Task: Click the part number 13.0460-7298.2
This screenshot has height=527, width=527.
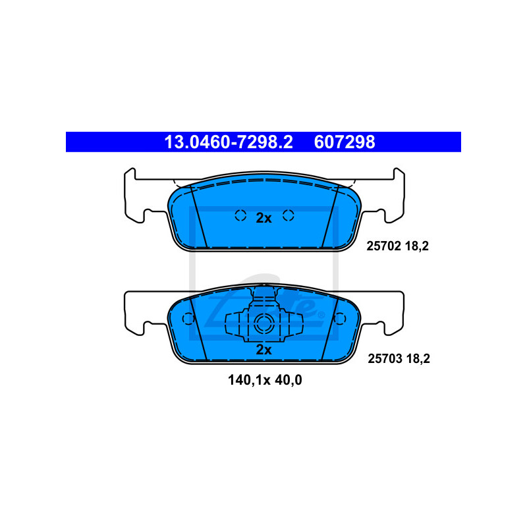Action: pyautogui.click(x=229, y=142)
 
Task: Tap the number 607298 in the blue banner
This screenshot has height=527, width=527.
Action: pyautogui.click(x=345, y=142)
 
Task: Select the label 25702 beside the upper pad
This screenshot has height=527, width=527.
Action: pyautogui.click(x=384, y=246)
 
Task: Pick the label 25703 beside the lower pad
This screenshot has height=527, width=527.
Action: pyautogui.click(x=385, y=358)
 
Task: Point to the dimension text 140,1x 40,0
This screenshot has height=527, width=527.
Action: pyautogui.click(x=265, y=380)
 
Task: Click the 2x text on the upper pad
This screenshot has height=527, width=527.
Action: pyautogui.click(x=264, y=218)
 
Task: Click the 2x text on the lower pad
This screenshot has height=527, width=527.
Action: pyautogui.click(x=264, y=350)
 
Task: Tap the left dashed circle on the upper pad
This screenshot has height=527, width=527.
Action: pyautogui.click(x=240, y=215)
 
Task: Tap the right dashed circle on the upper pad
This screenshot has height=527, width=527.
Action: pyautogui.click(x=289, y=215)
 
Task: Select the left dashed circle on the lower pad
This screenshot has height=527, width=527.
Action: pyautogui.click(x=188, y=319)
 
